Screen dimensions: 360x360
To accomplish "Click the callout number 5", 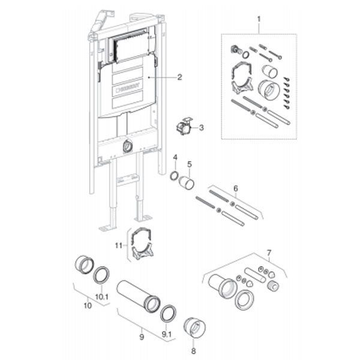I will click(x=189, y=164).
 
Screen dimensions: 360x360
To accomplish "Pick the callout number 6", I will click(x=236, y=188).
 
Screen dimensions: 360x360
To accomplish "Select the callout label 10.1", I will click(x=102, y=296).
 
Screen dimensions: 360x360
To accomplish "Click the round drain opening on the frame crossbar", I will click(x=127, y=145).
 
